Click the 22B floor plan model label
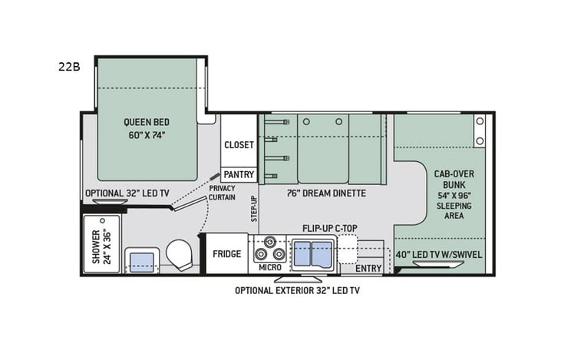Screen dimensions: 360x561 pos(68,66)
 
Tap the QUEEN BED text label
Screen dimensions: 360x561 pos(147,128)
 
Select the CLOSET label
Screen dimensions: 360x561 pos(239,145)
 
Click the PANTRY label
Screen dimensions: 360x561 pos(239,174)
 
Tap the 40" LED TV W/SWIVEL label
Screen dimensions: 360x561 pos(439,253)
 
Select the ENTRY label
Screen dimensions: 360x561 pos(368,268)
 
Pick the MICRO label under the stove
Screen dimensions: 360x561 pos(269,267)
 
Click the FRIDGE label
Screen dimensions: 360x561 pos(227,254)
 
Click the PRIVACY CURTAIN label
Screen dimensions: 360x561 pos(223,193)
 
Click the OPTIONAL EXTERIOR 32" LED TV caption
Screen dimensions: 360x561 pos(297,291)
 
